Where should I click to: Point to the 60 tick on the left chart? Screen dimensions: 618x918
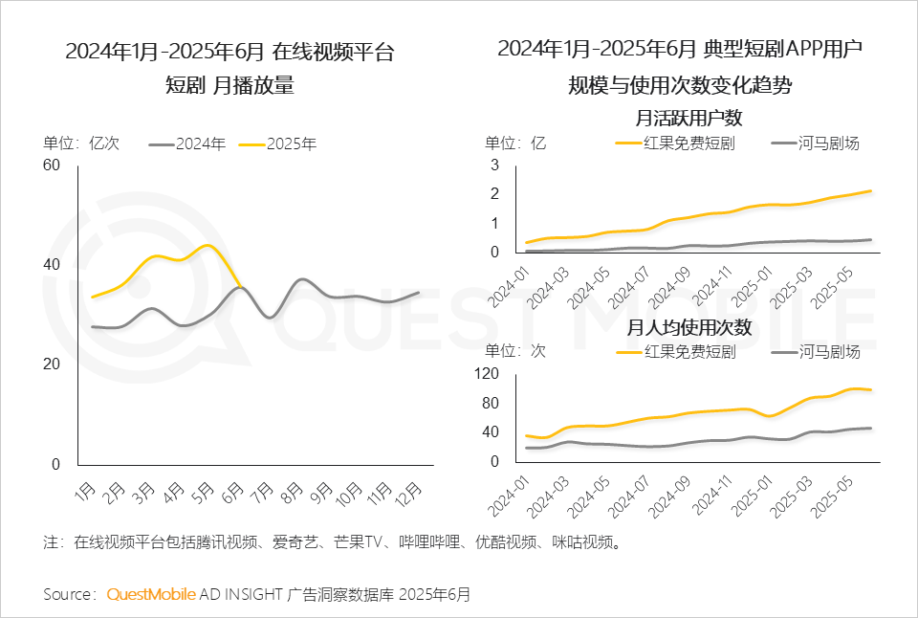(51, 166)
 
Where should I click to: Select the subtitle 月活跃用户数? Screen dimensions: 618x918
(688, 119)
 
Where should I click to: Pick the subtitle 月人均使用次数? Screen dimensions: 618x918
(688, 327)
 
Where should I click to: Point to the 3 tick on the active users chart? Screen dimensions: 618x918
(495, 166)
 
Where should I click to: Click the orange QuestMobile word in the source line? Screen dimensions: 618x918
(151, 594)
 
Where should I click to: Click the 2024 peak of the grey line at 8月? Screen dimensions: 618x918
(301, 279)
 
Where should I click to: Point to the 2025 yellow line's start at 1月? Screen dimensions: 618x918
(93, 297)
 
